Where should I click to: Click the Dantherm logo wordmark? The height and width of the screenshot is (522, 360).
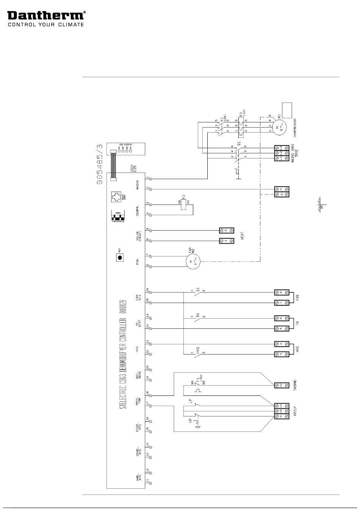coord(45,15)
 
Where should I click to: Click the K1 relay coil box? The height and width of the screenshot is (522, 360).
coord(183,205)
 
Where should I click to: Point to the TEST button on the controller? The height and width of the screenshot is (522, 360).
coord(120,258)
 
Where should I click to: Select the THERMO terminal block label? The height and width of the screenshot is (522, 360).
coord(295,385)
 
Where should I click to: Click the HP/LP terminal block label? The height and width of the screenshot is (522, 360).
coord(295,411)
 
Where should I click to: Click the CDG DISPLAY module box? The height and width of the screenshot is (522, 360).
coord(125,150)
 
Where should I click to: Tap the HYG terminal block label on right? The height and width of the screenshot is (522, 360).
coord(297,349)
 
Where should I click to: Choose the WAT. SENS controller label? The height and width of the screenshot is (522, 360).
coord(139,374)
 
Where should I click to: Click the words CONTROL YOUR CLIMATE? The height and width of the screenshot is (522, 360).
coord(45,25)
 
